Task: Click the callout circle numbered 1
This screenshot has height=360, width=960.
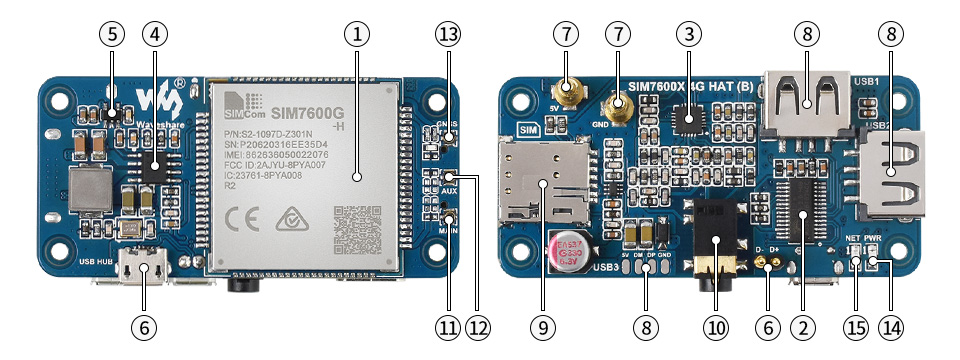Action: point(356,33)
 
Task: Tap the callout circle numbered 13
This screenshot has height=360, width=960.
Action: point(447,33)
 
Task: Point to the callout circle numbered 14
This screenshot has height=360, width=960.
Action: point(889,326)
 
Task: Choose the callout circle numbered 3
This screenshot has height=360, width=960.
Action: point(687,33)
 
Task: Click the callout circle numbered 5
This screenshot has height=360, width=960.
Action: point(113,33)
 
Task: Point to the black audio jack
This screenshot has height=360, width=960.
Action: point(716,236)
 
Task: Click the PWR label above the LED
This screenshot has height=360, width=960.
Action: point(873,238)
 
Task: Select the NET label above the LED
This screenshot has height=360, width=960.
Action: point(853,238)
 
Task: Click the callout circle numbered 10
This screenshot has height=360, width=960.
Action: point(716,326)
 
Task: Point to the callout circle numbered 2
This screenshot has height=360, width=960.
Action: point(800,326)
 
